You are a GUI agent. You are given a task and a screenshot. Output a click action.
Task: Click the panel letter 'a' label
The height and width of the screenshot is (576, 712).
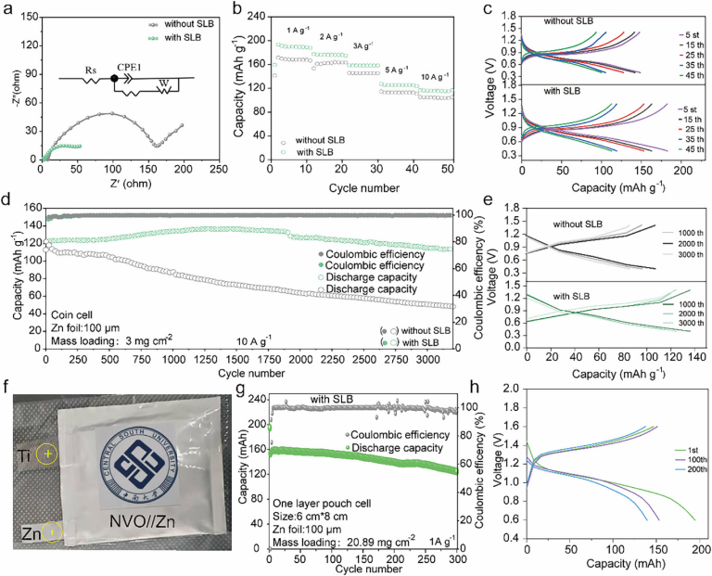click(7, 8)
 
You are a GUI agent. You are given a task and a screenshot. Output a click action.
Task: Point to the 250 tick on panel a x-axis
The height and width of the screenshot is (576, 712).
click(220, 172)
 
